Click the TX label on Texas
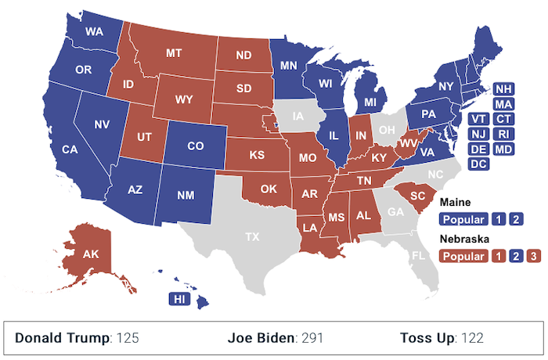coord(253,236)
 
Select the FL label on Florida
coord(419,256)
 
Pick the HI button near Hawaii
coord(179,299)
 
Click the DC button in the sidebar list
coord(479,164)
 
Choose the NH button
coord(503,89)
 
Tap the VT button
coord(479,119)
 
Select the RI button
coord(503,134)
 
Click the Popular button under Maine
coord(464,219)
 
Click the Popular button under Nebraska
coord(464,255)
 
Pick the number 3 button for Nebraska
coord(532,255)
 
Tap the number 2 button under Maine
coord(515,219)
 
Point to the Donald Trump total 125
coord(128,338)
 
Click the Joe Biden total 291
coord(312,338)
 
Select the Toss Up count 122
coord(472,338)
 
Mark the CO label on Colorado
coord(196,146)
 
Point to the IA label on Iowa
coord(297,118)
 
